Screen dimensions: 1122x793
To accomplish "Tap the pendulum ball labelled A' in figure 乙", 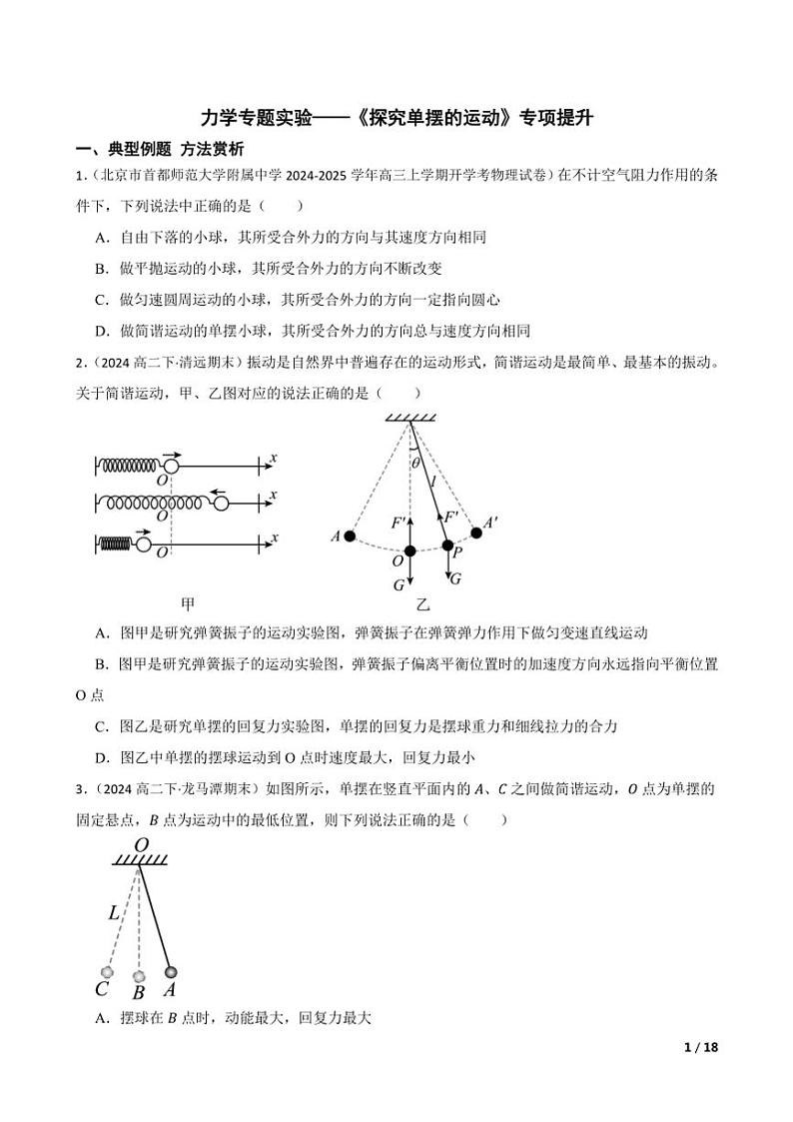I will point(476,533).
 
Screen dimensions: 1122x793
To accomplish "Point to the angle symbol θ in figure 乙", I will point(415,463).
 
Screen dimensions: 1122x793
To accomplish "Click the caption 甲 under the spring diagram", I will point(187,603).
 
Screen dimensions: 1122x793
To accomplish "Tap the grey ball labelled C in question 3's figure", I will point(107,971).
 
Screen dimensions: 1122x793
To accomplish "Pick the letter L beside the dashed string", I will point(114,912).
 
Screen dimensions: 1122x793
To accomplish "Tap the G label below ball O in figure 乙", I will point(399,583).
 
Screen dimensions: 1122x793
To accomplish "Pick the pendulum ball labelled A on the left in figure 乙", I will point(350,537).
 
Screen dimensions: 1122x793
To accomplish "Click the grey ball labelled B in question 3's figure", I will point(140,975).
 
